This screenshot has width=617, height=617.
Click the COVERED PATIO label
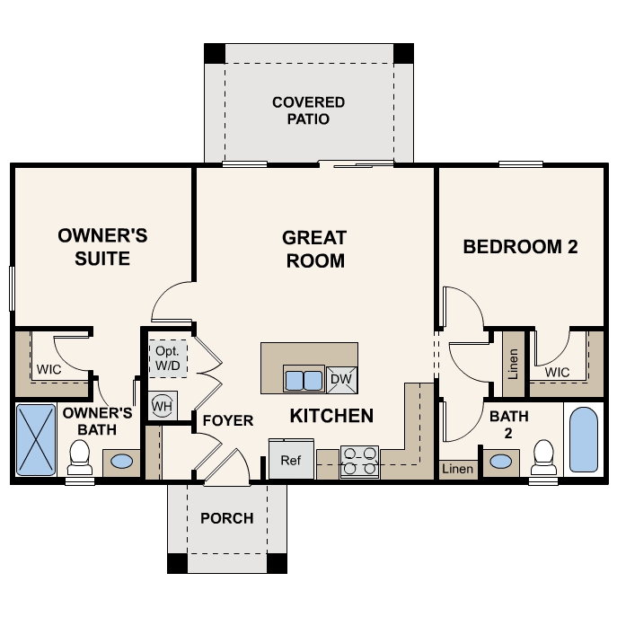click(x=308, y=110)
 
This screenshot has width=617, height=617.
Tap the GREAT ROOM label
click(x=313, y=249)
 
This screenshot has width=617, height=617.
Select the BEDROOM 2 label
click(x=520, y=247)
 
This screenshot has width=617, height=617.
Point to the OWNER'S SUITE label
click(x=102, y=247)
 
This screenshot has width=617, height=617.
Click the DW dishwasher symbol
click(x=341, y=380)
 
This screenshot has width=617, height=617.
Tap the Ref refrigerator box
click(x=290, y=460)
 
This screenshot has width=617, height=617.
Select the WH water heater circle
click(x=163, y=406)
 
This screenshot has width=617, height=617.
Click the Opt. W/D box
click(x=168, y=357)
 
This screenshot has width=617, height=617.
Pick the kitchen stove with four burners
click(x=359, y=461)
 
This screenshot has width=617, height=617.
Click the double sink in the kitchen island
click(x=304, y=380)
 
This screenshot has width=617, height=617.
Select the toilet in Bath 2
click(x=542, y=457)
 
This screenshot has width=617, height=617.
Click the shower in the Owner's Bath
click(x=37, y=439)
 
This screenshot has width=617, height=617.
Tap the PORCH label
click(x=226, y=518)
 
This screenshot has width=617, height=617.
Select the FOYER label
click(x=227, y=420)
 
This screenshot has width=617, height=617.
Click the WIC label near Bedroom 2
click(x=557, y=372)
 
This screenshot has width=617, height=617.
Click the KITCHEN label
click(x=331, y=416)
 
